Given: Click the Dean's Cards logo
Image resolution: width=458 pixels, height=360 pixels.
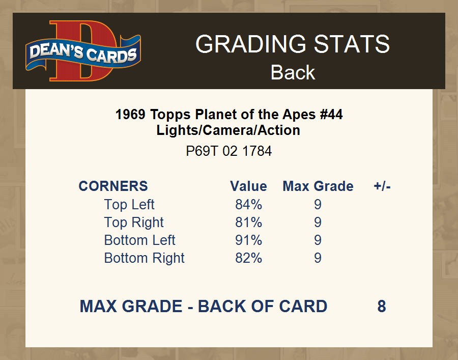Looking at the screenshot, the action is point(83,50).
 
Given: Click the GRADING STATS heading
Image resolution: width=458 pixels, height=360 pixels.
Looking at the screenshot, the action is point(293,44).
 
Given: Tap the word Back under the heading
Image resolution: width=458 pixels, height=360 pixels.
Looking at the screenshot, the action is point(293,72).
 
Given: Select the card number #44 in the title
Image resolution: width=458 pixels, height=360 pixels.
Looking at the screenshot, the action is point(331,114).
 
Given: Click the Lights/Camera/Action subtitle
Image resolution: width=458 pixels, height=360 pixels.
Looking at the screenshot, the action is point(228,130).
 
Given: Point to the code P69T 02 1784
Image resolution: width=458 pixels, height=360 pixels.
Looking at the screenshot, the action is point(228,151).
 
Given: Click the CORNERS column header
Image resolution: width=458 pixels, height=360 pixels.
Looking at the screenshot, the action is point(113,186).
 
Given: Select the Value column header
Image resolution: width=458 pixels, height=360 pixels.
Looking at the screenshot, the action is point(248,186).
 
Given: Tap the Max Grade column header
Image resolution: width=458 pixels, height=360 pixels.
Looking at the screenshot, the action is point(318,186).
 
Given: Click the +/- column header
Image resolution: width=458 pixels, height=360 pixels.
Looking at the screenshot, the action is point(382,186).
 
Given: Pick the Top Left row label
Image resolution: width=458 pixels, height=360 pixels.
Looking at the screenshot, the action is point(129,204).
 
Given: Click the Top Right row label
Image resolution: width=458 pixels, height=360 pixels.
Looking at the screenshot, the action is point(134,223).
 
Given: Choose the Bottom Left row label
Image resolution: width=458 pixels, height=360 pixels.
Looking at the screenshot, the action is point(139,240).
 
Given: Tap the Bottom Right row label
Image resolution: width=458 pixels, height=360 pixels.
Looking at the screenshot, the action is point(145,258).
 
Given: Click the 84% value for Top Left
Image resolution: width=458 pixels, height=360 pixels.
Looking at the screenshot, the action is point(248,204).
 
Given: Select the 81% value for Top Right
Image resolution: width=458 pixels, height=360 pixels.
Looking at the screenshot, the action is point(248,223).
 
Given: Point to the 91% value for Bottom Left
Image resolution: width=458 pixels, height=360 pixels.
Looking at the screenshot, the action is point(248,240).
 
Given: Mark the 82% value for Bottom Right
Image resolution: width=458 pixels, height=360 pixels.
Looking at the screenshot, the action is point(248,258).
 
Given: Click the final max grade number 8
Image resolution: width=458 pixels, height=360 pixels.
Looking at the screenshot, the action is point(382,306).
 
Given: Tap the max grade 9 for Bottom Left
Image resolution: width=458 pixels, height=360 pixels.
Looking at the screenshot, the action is point(318,240).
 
